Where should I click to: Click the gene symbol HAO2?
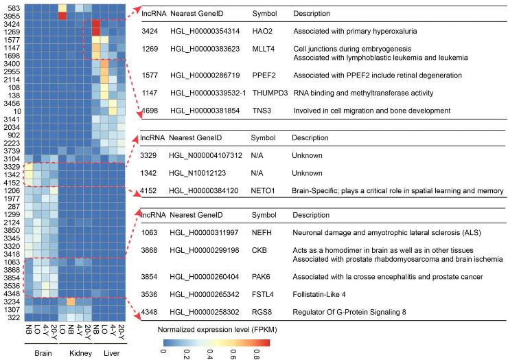click(x=262, y=32)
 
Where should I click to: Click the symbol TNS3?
click(x=262, y=110)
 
